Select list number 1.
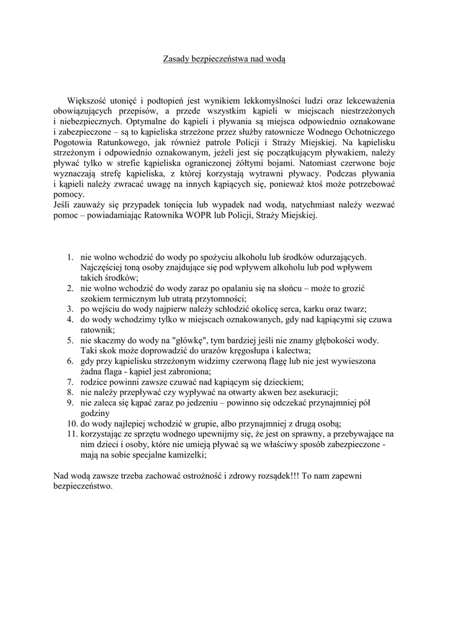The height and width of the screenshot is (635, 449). click(x=71, y=256)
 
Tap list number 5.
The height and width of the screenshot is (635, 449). click(x=71, y=340)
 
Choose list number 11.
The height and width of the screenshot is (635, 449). click(x=69, y=434)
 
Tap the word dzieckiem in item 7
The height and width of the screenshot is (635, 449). click(x=281, y=382)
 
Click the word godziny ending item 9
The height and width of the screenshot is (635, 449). click(x=95, y=413)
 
